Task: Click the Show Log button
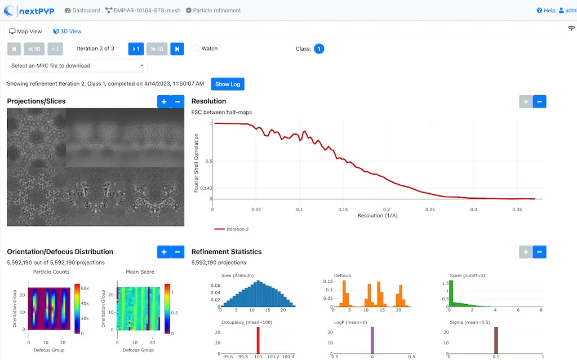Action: click(x=228, y=84)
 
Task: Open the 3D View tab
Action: click(x=67, y=32)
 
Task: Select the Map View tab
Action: click(x=26, y=32)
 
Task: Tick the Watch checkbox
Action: click(x=196, y=48)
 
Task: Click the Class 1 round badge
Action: click(x=319, y=49)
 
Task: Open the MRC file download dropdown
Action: click(x=77, y=65)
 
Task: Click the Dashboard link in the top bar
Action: click(x=82, y=10)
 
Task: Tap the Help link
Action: click(x=546, y=10)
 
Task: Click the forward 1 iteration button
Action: click(x=136, y=49)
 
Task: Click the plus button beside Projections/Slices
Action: click(x=164, y=101)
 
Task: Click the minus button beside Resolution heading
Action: click(x=539, y=101)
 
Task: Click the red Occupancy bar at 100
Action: click(x=258, y=340)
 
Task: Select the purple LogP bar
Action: click(x=372, y=340)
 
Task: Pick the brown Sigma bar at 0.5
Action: click(x=496, y=340)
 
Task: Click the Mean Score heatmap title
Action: click(x=140, y=272)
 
